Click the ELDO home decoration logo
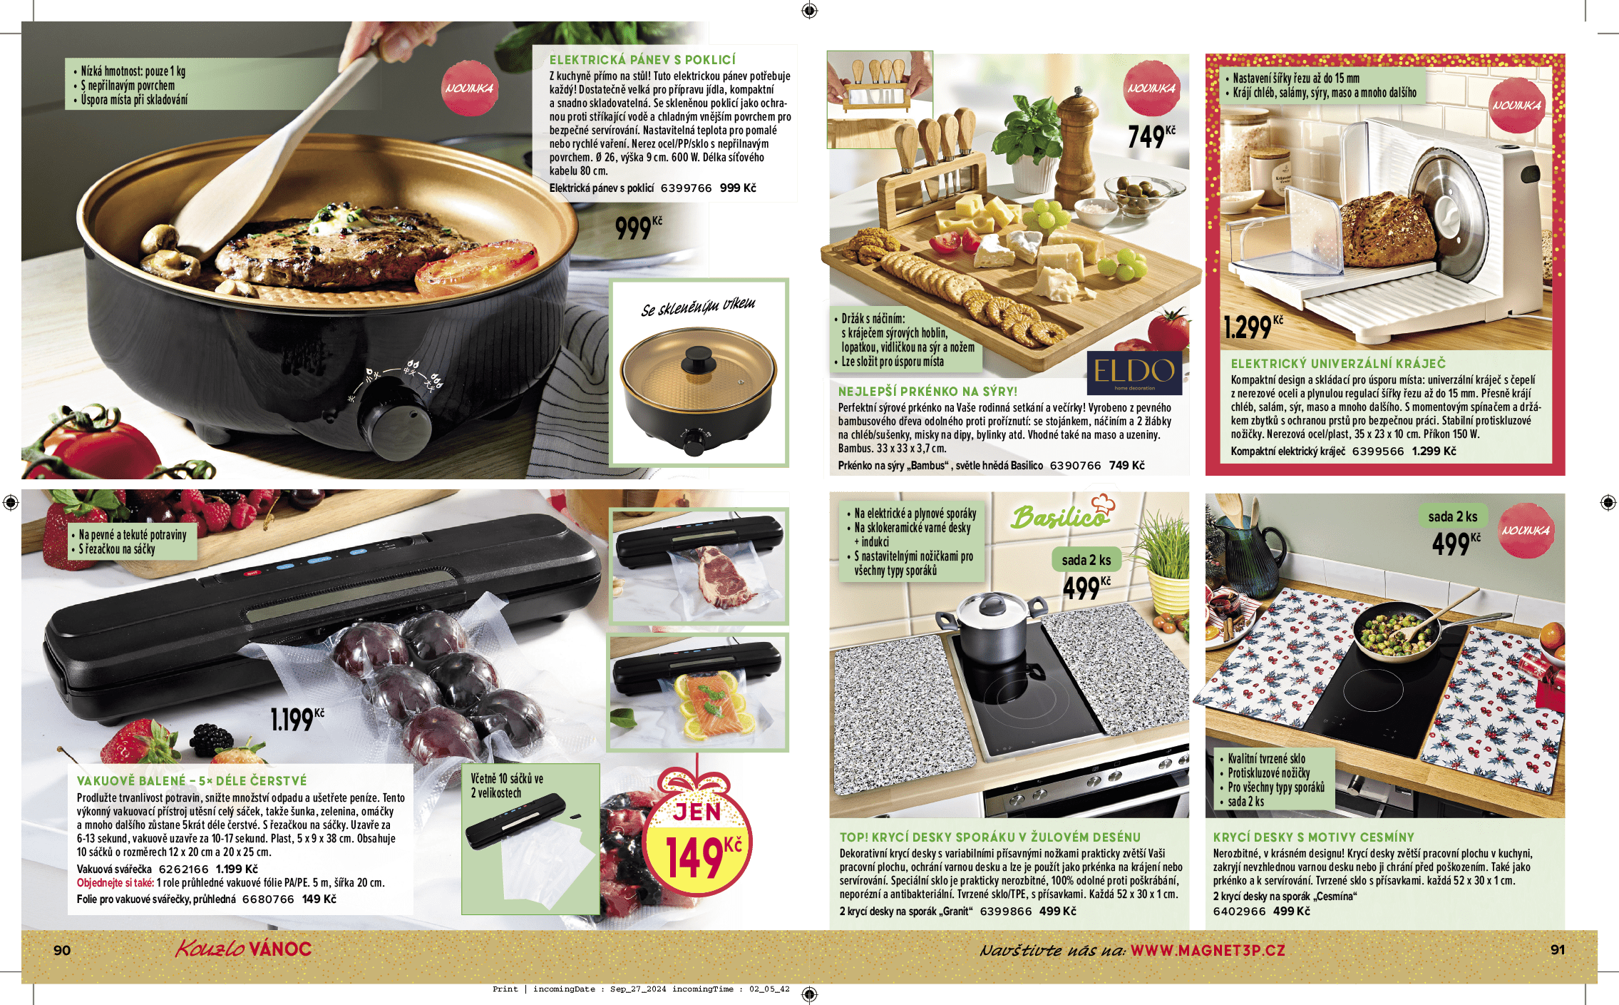[1134, 372]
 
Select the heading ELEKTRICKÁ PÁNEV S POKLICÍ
[642, 60]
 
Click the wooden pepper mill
[1076, 146]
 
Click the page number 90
[62, 950]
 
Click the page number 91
[1558, 950]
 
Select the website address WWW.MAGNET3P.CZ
[1208, 951]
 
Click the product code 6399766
[686, 188]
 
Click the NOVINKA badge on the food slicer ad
[1516, 106]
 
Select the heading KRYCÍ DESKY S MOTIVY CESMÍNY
[1313, 837]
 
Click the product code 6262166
[184, 869]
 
